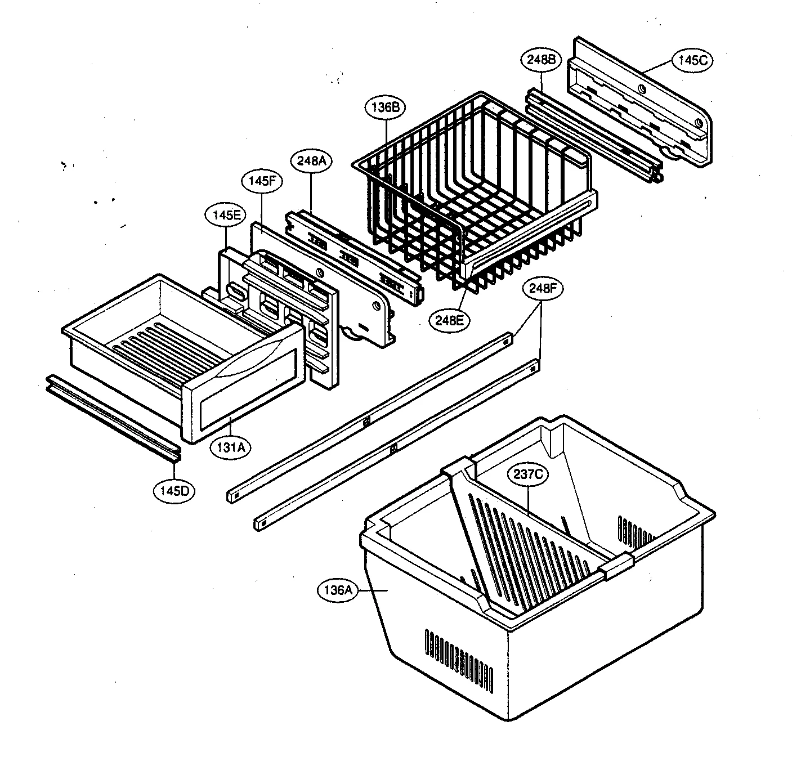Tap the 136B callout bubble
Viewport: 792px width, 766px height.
[385, 107]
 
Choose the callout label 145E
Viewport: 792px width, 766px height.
[226, 215]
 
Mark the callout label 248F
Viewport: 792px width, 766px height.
[543, 289]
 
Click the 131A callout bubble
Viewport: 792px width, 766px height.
[230, 447]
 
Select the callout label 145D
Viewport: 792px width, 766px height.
[173, 490]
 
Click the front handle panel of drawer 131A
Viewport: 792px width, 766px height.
[242, 394]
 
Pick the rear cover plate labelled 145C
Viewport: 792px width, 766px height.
[642, 101]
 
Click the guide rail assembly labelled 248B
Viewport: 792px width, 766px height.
[591, 135]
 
